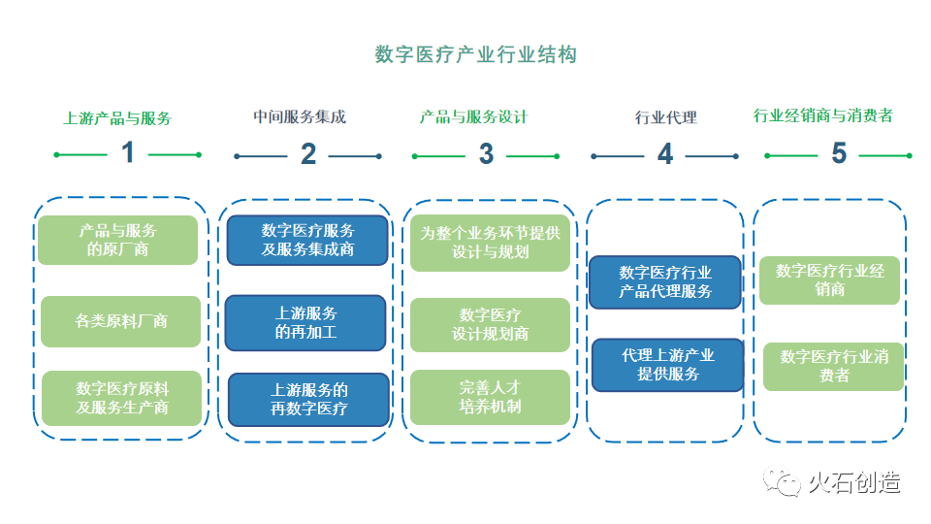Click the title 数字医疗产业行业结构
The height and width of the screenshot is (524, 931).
click(475, 54)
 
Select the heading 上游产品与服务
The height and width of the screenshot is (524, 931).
click(117, 118)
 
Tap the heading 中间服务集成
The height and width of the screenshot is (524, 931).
click(300, 117)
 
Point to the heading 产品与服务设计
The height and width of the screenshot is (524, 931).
click(473, 117)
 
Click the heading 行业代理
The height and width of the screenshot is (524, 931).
click(666, 118)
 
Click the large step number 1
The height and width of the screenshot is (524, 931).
click(127, 153)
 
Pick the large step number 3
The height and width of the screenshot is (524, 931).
click(486, 154)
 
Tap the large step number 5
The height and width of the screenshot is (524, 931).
click(839, 154)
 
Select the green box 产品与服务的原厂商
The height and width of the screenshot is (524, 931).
click(118, 240)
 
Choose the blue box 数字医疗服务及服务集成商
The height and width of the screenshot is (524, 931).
click(307, 240)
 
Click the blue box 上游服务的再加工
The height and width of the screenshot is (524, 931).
click(306, 322)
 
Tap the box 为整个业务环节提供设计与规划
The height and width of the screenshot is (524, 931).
click(490, 243)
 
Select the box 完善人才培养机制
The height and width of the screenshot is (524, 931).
click(490, 397)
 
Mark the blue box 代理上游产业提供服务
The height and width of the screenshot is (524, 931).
click(667, 365)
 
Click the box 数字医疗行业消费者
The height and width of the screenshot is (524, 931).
click(834, 366)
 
